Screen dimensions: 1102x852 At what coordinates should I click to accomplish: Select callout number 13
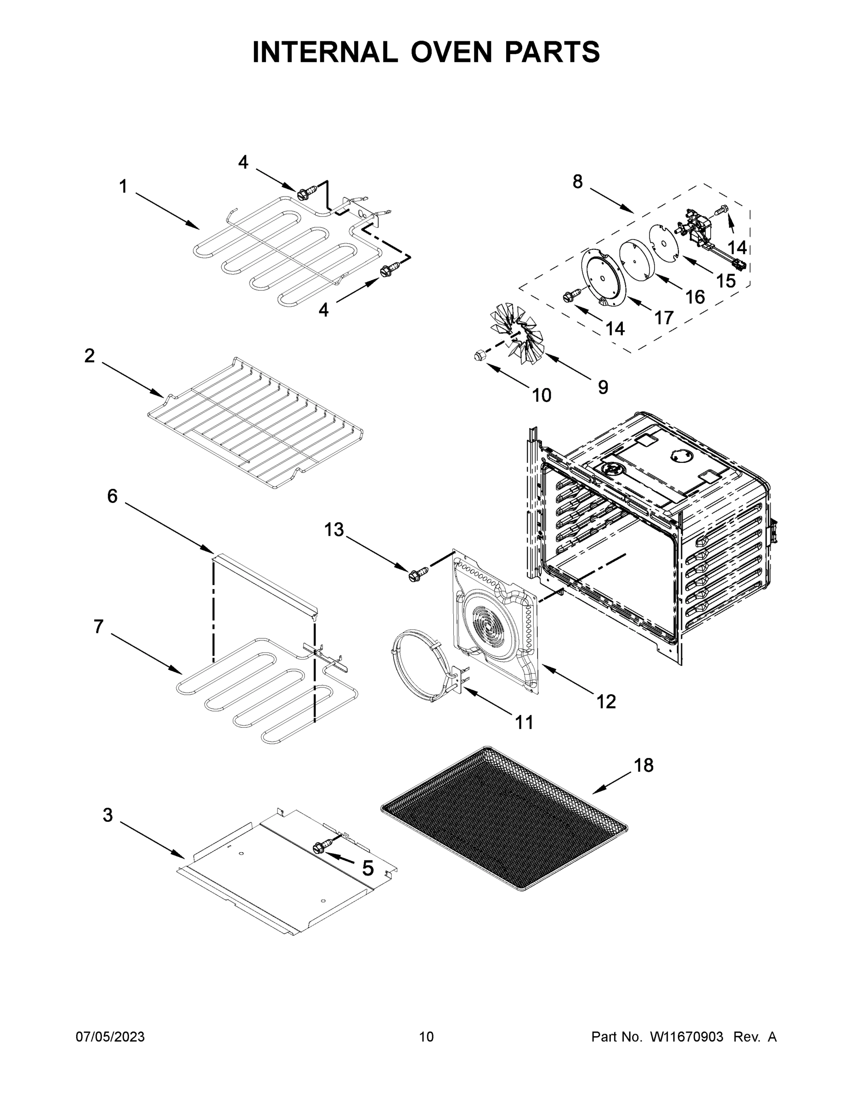pyautogui.click(x=333, y=529)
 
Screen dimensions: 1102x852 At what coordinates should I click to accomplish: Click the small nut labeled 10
pyautogui.click(x=480, y=356)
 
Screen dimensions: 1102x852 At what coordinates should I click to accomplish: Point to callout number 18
pyautogui.click(x=643, y=765)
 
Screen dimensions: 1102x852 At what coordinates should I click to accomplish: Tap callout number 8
pyautogui.click(x=578, y=181)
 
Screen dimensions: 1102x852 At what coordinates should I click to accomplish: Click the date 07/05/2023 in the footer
pyautogui.click(x=110, y=1037)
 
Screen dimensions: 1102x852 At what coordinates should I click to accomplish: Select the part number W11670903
pyautogui.click(x=687, y=1037)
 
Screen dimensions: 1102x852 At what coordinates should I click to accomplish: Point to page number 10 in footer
pyautogui.click(x=426, y=1037)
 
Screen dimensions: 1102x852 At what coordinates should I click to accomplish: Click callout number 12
pyautogui.click(x=606, y=701)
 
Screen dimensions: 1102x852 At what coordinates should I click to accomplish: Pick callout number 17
pyautogui.click(x=664, y=318)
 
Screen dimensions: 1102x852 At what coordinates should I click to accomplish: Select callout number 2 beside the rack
pyautogui.click(x=90, y=356)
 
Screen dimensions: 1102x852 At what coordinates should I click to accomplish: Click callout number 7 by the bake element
pyautogui.click(x=98, y=626)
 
